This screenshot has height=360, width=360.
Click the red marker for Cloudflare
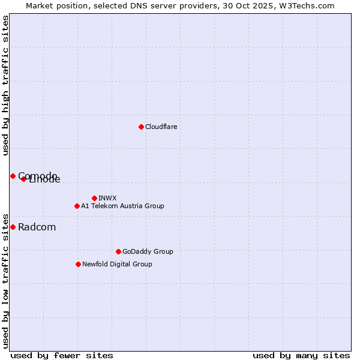click(141, 127)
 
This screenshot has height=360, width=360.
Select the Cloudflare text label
click(161, 127)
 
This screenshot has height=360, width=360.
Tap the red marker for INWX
click(94, 198)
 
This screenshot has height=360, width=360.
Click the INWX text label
click(107, 199)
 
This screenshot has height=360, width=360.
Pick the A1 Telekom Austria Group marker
click(77, 206)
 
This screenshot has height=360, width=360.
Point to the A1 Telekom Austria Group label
click(122, 206)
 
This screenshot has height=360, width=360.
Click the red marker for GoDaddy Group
click(118, 251)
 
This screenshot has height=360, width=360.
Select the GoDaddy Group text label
click(148, 252)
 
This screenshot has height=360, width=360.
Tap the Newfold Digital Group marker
click(78, 264)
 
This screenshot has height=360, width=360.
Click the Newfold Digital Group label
click(117, 265)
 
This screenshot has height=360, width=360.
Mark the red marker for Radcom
click(13, 227)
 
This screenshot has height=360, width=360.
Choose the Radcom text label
click(37, 227)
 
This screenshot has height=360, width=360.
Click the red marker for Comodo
click(13, 176)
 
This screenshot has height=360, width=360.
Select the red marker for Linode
click(23, 179)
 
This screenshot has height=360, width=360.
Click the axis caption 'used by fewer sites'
click(62, 356)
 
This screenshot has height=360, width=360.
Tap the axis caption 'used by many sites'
click(301, 356)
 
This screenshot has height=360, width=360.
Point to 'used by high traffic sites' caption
click(5, 85)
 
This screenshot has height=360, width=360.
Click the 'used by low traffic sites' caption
click(5, 280)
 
